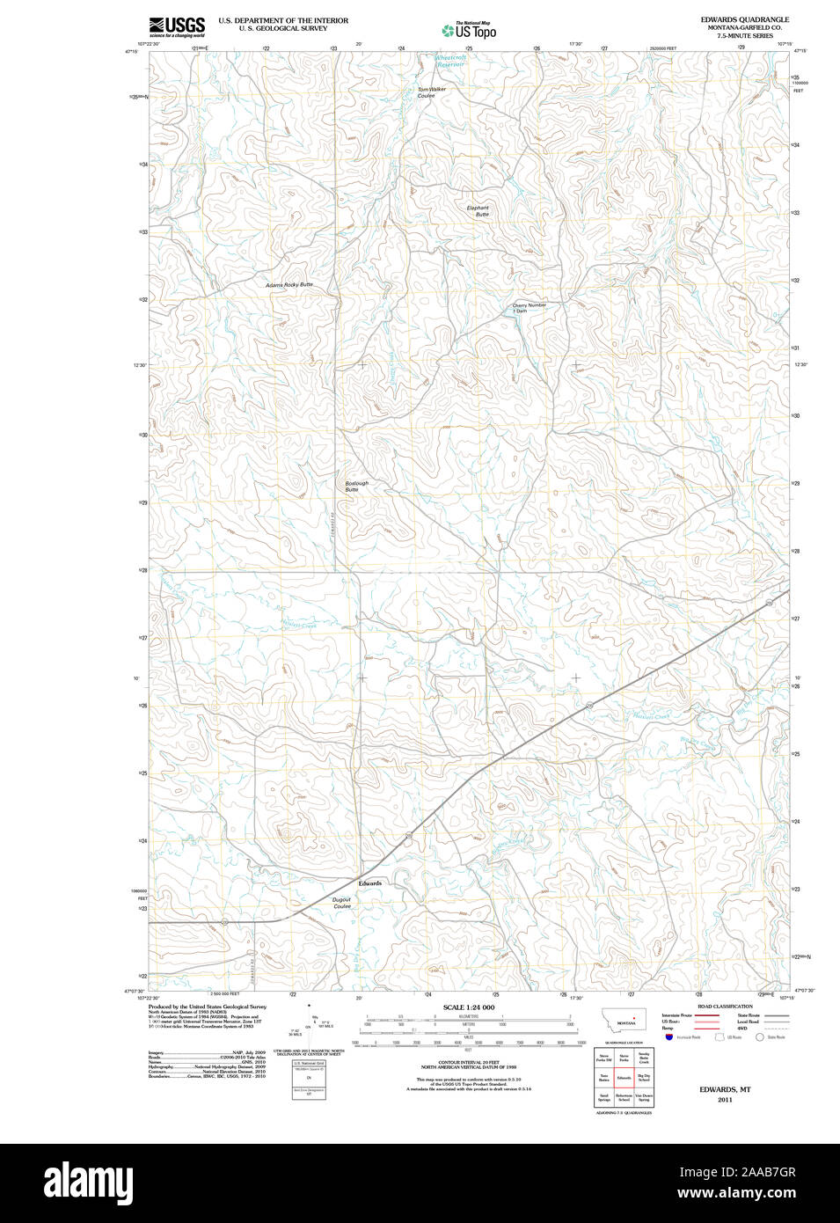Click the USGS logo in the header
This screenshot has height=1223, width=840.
click(x=177, y=26)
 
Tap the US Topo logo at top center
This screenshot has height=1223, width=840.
click(x=469, y=31)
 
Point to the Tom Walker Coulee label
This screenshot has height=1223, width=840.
click(x=431, y=92)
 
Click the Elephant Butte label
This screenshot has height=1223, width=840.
click(x=478, y=211)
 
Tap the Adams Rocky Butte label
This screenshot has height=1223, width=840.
click(x=289, y=285)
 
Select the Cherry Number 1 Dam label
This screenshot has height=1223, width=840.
click(x=529, y=308)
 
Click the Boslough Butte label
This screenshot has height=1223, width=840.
click(x=356, y=486)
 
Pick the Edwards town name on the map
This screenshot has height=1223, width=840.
click(x=369, y=883)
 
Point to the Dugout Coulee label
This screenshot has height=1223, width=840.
click(x=341, y=903)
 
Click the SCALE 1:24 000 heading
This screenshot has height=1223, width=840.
click(x=468, y=1007)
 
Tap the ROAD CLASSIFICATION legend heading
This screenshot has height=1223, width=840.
click(x=725, y=1006)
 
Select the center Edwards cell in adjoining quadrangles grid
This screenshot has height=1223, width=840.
click(x=624, y=1077)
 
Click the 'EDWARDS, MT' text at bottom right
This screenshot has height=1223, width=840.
click(x=724, y=1089)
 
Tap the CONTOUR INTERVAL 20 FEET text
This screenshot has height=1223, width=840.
click(x=468, y=1063)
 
